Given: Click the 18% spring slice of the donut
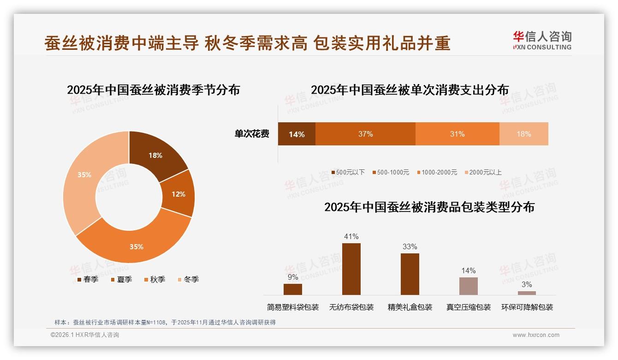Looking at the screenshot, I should (x=155, y=156).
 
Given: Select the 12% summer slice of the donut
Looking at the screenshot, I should (x=178, y=194).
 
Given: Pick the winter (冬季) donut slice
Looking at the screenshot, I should (x=84, y=175).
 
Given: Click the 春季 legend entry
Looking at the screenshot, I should (x=87, y=279).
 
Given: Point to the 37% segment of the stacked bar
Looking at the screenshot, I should (x=365, y=134).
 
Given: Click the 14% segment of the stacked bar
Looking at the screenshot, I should (x=297, y=134).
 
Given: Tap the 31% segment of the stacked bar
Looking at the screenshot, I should (x=457, y=134).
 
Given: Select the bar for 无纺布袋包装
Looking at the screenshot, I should (x=351, y=269).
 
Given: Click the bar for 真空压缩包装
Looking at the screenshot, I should (x=468, y=286).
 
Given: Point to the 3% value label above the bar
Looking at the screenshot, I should (x=526, y=284).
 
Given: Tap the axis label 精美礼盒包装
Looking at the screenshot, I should (x=410, y=307).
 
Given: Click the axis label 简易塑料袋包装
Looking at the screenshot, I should (x=292, y=307).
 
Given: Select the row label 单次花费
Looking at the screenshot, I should (x=252, y=134).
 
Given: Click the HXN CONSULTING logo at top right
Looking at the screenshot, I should (x=542, y=40).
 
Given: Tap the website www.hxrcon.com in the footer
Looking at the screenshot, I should (x=535, y=335).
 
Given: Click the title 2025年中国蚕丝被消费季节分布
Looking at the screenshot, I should (x=153, y=90).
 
